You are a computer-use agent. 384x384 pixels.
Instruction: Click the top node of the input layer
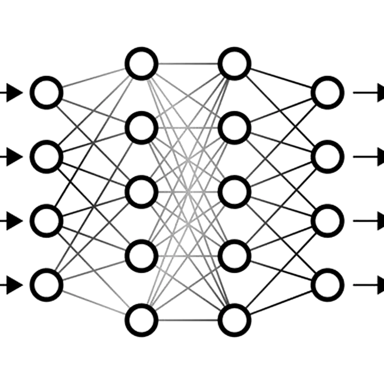(x=47, y=93)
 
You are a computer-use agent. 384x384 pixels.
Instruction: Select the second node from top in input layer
(x=47, y=157)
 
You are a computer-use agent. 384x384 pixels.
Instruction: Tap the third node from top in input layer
(x=47, y=221)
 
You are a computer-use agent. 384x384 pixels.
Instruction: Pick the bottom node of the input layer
(x=47, y=285)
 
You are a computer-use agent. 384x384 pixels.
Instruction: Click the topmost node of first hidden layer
(x=141, y=64)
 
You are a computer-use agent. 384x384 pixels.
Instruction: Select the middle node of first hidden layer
(x=141, y=192)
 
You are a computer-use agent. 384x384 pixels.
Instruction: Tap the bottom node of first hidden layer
(x=141, y=320)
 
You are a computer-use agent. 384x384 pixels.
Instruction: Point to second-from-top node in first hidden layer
(x=141, y=128)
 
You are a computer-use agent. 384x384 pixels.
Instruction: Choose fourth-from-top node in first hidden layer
(x=141, y=256)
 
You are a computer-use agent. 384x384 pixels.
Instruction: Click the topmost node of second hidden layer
(x=235, y=64)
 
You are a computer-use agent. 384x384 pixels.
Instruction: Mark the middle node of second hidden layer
(x=235, y=192)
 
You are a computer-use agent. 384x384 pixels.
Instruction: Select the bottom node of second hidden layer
(x=235, y=320)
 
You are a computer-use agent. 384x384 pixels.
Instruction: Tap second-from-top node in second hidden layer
(x=235, y=128)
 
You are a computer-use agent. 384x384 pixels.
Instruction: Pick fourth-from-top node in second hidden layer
(x=235, y=256)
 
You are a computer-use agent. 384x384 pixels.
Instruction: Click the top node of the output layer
(x=327, y=93)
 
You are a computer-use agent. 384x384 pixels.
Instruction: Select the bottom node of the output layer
(x=327, y=285)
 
